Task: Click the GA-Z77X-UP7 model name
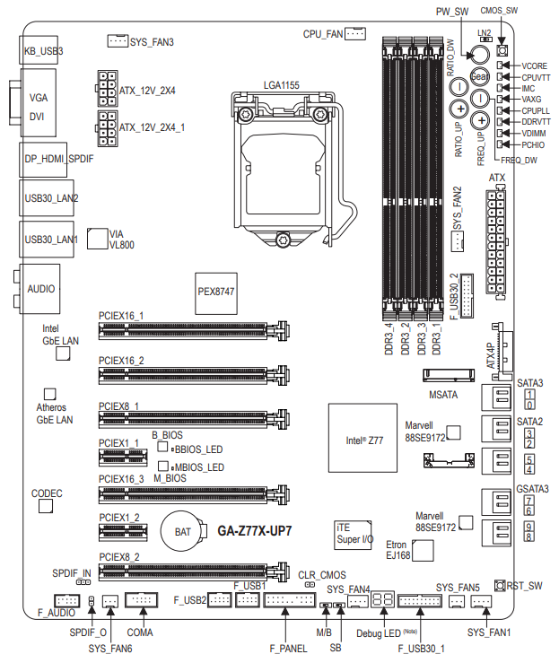point(255,530)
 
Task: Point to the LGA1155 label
point(281,84)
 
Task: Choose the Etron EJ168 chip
point(422,549)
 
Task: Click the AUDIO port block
point(39,289)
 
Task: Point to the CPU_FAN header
point(354,34)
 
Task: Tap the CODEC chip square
point(47,507)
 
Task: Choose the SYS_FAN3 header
point(117,40)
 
